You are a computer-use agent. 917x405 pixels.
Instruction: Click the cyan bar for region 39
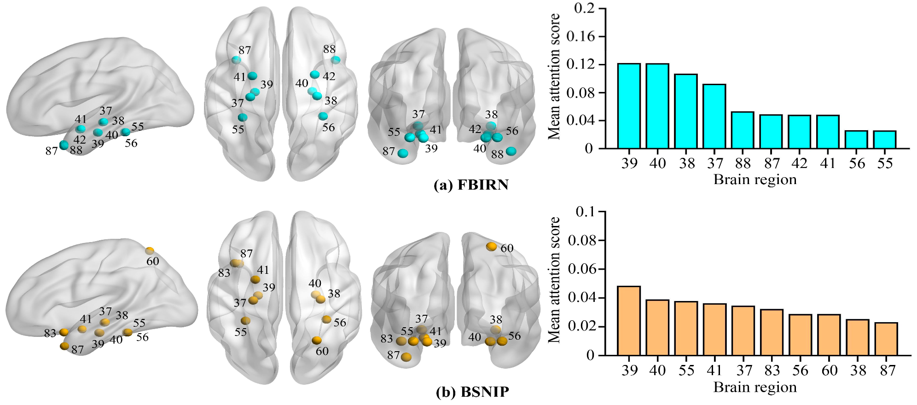(x=629, y=106)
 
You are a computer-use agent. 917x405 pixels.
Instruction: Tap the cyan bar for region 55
(x=884, y=140)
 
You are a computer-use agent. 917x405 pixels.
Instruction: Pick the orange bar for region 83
(x=772, y=332)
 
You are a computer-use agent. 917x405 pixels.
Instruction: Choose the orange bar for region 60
(x=829, y=335)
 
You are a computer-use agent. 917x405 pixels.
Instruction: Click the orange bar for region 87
(x=886, y=339)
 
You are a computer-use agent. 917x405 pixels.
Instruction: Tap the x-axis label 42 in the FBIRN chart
(x=800, y=163)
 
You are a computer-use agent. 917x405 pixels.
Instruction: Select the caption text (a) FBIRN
(x=471, y=185)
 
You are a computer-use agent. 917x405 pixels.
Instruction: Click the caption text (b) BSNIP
(x=472, y=392)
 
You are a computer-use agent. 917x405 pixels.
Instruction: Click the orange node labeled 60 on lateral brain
(x=150, y=251)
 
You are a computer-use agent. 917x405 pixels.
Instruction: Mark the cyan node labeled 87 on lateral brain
(x=64, y=145)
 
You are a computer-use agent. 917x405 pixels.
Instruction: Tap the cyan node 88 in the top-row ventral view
(x=336, y=60)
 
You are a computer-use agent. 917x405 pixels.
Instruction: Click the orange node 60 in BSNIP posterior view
(x=492, y=247)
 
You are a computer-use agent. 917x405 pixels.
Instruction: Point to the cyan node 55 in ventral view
(x=243, y=118)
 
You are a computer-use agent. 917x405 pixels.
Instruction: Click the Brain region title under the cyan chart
(x=755, y=179)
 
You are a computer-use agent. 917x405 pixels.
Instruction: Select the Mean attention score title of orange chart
(x=555, y=280)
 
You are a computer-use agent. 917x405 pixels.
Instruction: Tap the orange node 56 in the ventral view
(x=326, y=319)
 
